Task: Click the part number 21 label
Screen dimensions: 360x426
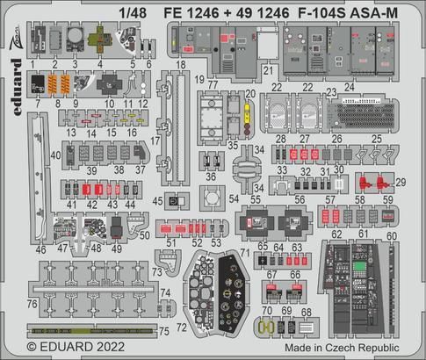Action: tap(268, 68)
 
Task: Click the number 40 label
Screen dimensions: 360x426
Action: tap(55, 155)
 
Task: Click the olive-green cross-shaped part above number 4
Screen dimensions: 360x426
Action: tap(106, 44)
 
